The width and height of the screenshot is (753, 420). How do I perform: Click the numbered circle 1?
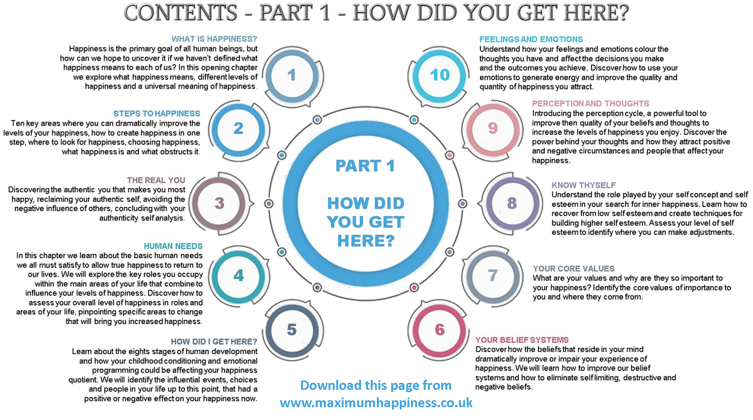point(292,75)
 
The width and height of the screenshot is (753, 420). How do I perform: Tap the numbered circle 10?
point(440,75)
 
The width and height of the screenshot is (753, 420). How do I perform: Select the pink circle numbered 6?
point(440,330)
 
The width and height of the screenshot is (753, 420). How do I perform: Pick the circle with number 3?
point(219,203)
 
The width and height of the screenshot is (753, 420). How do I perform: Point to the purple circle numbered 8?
point(512,203)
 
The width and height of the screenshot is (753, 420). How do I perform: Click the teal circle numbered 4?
point(239,275)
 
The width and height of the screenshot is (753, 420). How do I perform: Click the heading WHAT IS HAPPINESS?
point(214,39)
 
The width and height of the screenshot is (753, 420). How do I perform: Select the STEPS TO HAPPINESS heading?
point(157,114)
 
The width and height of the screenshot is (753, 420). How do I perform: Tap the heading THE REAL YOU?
point(156,180)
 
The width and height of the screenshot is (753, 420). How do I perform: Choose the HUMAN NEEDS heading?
point(173,246)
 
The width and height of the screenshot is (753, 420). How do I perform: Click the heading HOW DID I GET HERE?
point(214,342)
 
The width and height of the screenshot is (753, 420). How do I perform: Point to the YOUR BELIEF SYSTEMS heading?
point(522,340)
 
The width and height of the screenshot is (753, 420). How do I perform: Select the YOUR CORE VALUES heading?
point(573,269)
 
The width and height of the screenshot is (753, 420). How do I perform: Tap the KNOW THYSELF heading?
point(584,185)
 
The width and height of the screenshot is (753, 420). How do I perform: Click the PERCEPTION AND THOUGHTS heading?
point(590,104)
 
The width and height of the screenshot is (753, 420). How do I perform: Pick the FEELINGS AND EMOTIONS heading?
point(531,39)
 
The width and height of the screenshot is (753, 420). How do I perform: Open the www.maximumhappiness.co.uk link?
point(376,403)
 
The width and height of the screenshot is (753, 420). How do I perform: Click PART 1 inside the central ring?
point(365,166)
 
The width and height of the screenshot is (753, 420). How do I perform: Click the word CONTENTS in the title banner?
point(180,12)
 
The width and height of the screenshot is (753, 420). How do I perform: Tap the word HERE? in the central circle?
point(366,241)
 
